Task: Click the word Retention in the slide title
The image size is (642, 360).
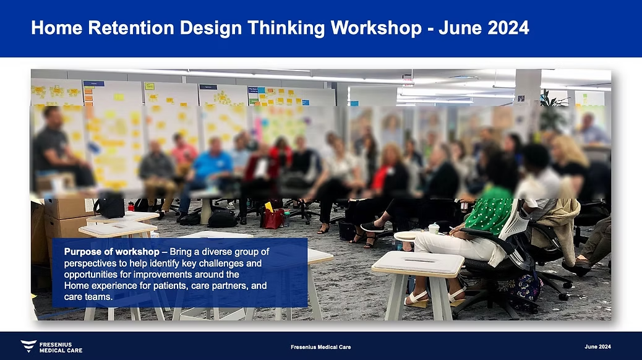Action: [x=131, y=28]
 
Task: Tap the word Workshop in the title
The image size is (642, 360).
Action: [x=376, y=28]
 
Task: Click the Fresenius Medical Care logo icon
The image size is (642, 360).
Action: [x=28, y=346]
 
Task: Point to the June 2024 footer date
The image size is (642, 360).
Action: [x=597, y=346]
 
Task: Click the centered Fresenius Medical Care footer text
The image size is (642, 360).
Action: [x=320, y=347]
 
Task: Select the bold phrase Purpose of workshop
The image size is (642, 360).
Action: [x=112, y=252]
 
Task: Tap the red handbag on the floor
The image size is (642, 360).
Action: [x=273, y=218]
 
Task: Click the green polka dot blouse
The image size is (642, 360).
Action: [x=489, y=211]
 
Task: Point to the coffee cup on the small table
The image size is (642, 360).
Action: [x=434, y=228]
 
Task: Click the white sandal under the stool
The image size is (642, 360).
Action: [x=417, y=299]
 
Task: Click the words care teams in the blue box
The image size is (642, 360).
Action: [x=88, y=296]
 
